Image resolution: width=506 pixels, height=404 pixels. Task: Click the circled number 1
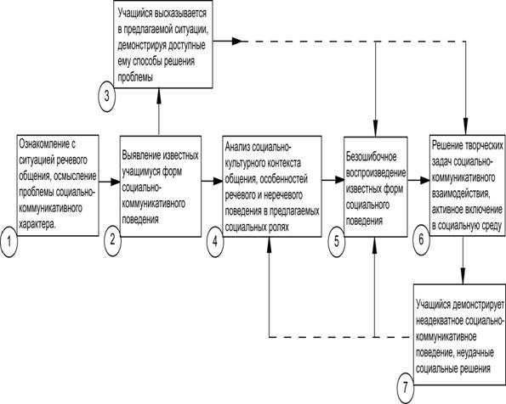9,241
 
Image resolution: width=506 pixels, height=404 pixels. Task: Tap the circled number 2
112,240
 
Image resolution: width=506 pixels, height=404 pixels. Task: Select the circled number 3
106,96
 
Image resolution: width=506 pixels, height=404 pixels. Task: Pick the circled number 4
215,241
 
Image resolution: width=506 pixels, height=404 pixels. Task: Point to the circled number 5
337,241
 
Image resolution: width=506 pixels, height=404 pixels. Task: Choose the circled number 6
421,239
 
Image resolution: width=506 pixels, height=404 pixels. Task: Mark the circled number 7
406,388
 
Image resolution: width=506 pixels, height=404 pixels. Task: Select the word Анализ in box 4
237,147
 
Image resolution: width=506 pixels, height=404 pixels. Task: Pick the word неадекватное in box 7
440,321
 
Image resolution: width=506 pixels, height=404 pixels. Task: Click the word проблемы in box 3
135,77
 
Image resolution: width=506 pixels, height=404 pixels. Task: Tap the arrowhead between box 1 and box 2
115,182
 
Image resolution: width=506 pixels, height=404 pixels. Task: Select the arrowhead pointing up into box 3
159,96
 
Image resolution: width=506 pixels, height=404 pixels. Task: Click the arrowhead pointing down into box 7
463,277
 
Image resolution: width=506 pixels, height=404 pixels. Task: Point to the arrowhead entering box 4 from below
269,244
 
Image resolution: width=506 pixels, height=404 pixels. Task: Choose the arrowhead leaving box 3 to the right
237,41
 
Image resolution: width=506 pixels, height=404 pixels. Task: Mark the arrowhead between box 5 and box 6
425,181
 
